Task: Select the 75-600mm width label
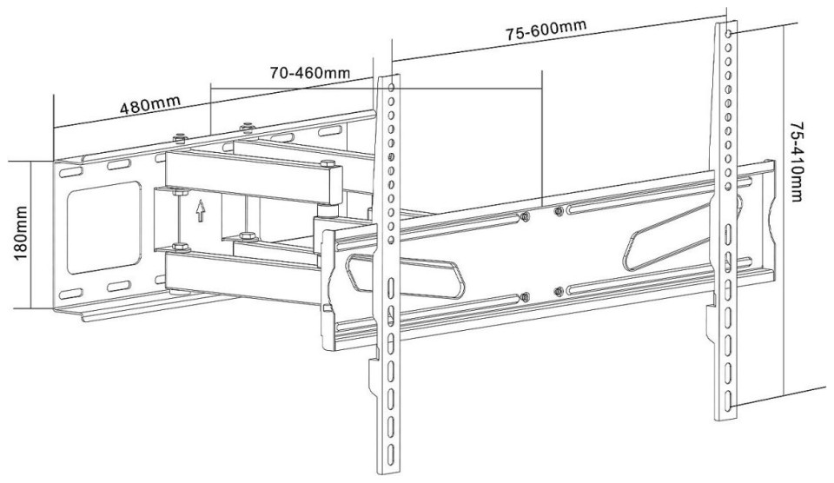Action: coord(545,31)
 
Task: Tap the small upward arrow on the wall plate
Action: coord(200,211)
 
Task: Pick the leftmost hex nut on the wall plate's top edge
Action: coord(179,137)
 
